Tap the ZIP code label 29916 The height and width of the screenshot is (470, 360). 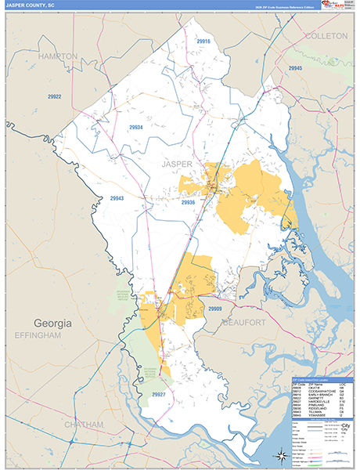[203, 41]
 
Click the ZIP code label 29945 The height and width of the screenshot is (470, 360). [294, 69]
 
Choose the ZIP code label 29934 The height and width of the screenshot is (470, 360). [136, 127]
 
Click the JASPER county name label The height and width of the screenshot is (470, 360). [176, 164]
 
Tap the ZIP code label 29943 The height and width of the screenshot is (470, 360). [117, 198]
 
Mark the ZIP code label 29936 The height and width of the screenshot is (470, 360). [188, 203]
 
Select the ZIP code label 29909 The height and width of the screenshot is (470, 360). [216, 309]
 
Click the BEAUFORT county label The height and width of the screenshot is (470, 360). [245, 322]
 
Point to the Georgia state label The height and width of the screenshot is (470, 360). [52, 323]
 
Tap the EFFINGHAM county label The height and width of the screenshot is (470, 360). [37, 335]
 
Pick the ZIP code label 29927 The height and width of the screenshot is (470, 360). [158, 394]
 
